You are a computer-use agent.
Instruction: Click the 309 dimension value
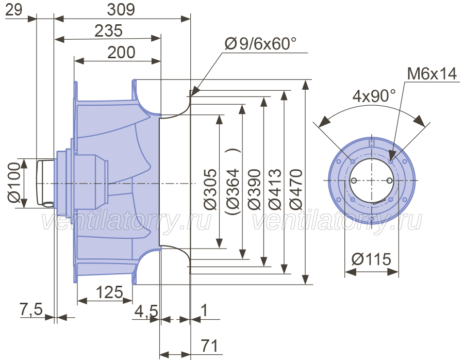coord(121,9)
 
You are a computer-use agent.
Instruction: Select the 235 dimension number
coord(108,31)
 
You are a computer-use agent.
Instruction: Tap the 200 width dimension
coord(121,53)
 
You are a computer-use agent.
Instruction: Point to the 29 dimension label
coord(13,9)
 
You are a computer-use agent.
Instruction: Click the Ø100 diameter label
coord(14,183)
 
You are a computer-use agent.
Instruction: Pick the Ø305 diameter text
coord(210,189)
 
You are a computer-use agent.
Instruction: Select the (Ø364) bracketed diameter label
coord(233,181)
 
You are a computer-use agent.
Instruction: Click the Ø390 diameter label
coord(254,189)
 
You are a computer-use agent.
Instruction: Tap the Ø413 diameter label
coord(275,189)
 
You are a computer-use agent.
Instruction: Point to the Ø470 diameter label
coord(295,189)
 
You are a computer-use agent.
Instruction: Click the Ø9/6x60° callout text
coord(261,44)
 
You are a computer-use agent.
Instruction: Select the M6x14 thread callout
coord(432,74)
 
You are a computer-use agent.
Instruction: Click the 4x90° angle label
coord(374,96)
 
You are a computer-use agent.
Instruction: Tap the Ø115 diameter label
coord(371,259)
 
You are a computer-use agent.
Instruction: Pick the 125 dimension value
coord(109,292)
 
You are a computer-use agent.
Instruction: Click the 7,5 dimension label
coord(31,309)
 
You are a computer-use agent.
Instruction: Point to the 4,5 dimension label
coord(146,312)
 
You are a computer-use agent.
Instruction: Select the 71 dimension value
coord(209,346)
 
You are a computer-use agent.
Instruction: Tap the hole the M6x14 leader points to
coord(391,161)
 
